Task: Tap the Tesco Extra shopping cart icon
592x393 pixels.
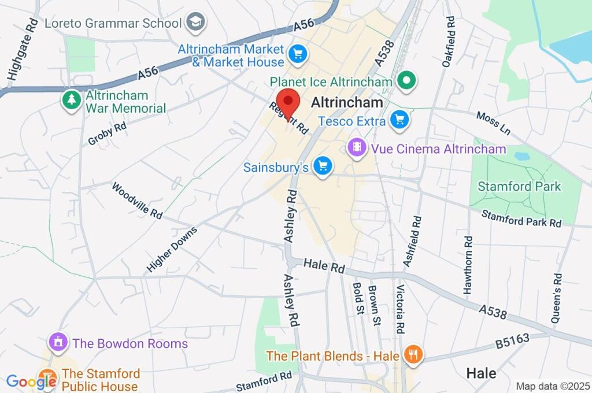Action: (x=399, y=121)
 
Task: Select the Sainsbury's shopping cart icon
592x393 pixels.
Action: (x=323, y=167)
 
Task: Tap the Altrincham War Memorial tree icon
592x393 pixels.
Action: (x=72, y=101)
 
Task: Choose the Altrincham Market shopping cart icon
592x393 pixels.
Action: (x=298, y=55)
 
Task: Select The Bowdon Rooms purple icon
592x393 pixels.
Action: (x=58, y=342)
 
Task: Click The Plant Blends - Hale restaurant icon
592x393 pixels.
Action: (x=412, y=355)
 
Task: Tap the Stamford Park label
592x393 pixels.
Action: (x=519, y=186)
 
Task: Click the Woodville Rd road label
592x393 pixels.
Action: (x=137, y=201)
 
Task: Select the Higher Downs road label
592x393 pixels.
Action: (x=172, y=250)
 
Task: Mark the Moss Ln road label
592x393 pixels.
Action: (x=493, y=124)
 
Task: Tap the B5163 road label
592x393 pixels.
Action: (x=512, y=342)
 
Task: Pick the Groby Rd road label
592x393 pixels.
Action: (x=108, y=134)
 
